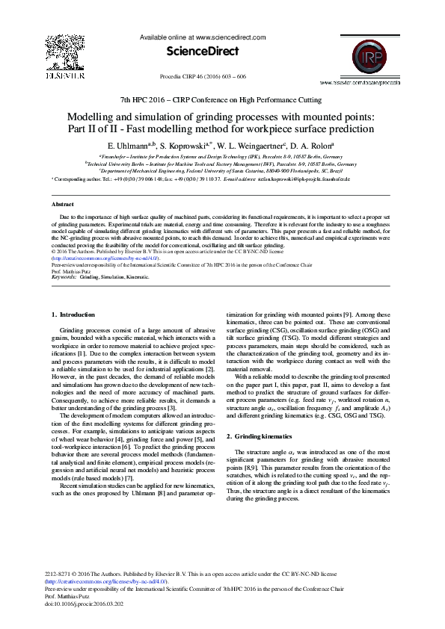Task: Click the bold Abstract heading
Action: coord(62,204)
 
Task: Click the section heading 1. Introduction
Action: coord(73,315)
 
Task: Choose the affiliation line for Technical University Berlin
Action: coord(221,164)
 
